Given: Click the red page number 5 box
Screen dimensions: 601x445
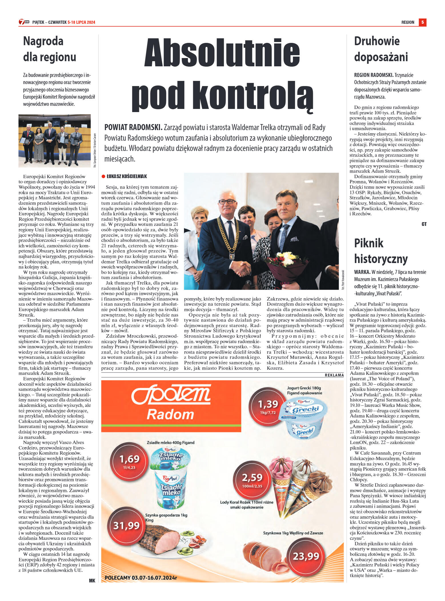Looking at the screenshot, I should click(x=422, y=22).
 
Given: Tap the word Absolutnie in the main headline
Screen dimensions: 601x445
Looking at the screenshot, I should click(x=222, y=52).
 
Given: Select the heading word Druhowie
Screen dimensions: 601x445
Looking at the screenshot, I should click(x=377, y=41).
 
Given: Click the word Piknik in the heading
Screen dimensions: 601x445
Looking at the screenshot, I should click(x=369, y=243).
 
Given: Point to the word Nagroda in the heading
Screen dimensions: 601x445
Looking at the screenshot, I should click(x=43, y=41).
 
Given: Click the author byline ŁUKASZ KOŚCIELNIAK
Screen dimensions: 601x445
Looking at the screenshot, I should click(x=127, y=176).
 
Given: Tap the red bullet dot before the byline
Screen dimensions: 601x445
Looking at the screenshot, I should click(x=103, y=176).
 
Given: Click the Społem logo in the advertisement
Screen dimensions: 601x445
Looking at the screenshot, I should click(x=171, y=402).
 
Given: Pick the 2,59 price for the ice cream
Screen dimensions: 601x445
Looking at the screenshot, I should click(x=252, y=478).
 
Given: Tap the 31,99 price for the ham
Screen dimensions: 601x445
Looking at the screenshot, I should click(x=126, y=526).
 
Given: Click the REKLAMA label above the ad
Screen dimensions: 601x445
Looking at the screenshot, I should click(x=334, y=375).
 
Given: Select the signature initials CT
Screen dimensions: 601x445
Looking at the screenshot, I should click(x=424, y=224).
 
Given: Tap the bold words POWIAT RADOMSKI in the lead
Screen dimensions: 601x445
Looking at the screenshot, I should click(x=133, y=128).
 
